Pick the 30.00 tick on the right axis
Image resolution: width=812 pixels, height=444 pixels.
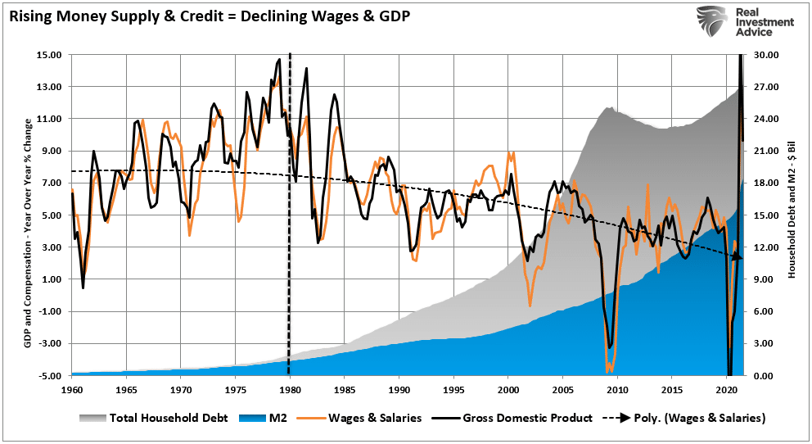(764, 55)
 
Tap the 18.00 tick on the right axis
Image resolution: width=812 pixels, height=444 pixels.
(764, 183)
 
